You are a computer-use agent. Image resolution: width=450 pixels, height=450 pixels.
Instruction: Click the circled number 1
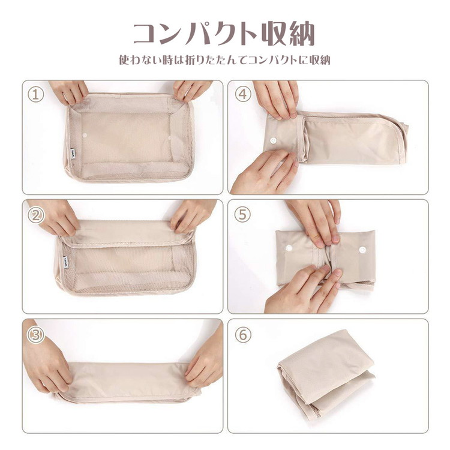pyautogui.click(x=36, y=95)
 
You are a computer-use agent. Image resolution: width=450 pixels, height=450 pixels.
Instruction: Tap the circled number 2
pyautogui.click(x=36, y=215)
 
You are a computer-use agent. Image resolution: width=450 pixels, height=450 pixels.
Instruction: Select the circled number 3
pyautogui.click(x=36, y=335)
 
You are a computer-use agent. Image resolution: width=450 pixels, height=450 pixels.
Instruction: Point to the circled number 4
pyautogui.click(x=243, y=94)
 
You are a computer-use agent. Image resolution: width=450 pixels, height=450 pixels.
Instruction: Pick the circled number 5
pyautogui.click(x=243, y=214)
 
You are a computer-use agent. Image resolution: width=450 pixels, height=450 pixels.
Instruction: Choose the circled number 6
pyautogui.click(x=243, y=335)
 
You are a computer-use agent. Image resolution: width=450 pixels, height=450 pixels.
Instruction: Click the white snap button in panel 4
pyautogui.click(x=273, y=141)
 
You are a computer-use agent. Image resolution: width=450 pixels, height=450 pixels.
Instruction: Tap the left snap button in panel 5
pyautogui.click(x=289, y=248)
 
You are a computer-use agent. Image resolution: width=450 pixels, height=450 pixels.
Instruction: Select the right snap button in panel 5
pyautogui.click(x=362, y=250)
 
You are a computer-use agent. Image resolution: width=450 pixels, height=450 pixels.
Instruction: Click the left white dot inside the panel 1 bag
pyautogui.click(x=85, y=135)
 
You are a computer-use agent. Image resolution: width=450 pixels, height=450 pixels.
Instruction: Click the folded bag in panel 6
pyautogui.click(x=326, y=374)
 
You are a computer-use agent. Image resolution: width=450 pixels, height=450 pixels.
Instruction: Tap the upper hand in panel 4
pyautogui.click(x=276, y=99)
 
